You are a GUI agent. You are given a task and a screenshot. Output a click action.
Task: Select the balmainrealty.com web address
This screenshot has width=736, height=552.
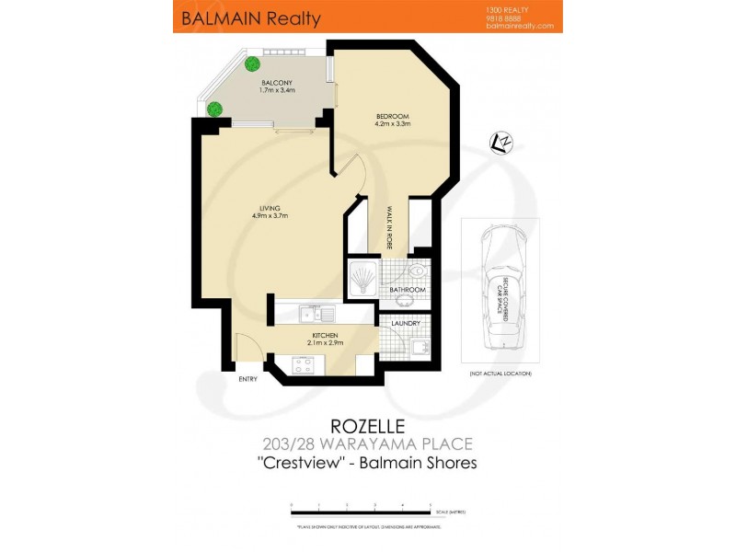click(520, 26)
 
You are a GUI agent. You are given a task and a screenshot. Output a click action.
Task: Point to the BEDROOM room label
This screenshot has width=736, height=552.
click(392, 119)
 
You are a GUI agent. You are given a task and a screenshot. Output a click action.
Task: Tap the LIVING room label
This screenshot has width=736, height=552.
click(270, 213)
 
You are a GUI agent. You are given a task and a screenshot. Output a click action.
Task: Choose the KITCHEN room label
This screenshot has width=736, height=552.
click(326, 339)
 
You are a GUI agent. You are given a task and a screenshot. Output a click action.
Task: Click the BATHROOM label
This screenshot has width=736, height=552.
click(408, 290)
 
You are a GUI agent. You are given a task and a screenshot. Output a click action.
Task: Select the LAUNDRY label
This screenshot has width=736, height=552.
click(406, 323)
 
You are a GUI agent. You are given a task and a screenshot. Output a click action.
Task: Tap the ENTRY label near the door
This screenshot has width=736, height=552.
click(248, 379)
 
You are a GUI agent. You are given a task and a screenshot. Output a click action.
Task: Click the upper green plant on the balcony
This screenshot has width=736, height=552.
click(252, 63)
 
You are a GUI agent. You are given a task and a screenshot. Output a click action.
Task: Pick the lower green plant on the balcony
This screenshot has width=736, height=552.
click(214, 109)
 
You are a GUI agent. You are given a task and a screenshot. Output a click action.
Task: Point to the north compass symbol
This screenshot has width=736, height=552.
click(502, 144)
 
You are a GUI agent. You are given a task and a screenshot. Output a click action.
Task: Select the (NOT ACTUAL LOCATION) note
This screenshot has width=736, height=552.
click(500, 374)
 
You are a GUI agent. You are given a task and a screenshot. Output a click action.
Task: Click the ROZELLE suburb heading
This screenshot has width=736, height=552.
click(367, 426)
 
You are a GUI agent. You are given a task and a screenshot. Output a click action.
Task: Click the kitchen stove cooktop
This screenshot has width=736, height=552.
click(304, 365)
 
